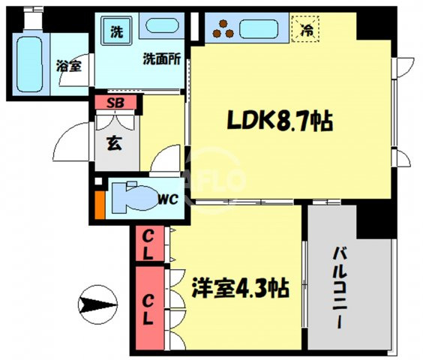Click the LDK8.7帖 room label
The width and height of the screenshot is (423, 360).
click(x=280, y=121)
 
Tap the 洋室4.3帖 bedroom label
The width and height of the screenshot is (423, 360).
click(x=240, y=288)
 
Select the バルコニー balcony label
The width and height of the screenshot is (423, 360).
click(x=340, y=288)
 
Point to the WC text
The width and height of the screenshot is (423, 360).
click(x=168, y=199)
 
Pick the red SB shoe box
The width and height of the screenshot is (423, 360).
click(x=115, y=103)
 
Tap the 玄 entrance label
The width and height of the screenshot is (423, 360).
click(x=115, y=143)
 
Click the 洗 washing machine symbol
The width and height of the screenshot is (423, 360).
click(x=116, y=31)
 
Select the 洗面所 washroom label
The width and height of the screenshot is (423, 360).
click(x=161, y=58)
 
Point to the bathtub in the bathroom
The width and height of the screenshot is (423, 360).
click(x=30, y=64)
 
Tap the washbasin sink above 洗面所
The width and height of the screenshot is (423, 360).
click(x=162, y=25)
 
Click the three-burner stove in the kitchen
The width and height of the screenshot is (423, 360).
click(x=223, y=29)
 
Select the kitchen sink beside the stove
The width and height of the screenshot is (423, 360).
click(x=259, y=29)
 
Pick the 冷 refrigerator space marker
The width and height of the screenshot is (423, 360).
click(x=306, y=29)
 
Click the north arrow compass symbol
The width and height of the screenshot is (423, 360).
click(x=98, y=304)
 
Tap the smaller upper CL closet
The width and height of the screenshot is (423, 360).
click(x=150, y=244)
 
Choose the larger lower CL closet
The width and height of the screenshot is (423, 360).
click(x=150, y=308)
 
